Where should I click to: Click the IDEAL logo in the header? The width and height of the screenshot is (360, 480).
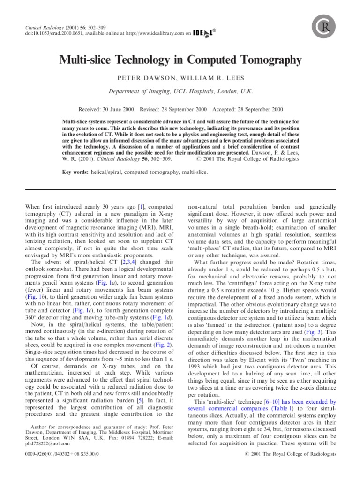point(203,33)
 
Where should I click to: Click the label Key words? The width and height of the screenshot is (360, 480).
point(75,172)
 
